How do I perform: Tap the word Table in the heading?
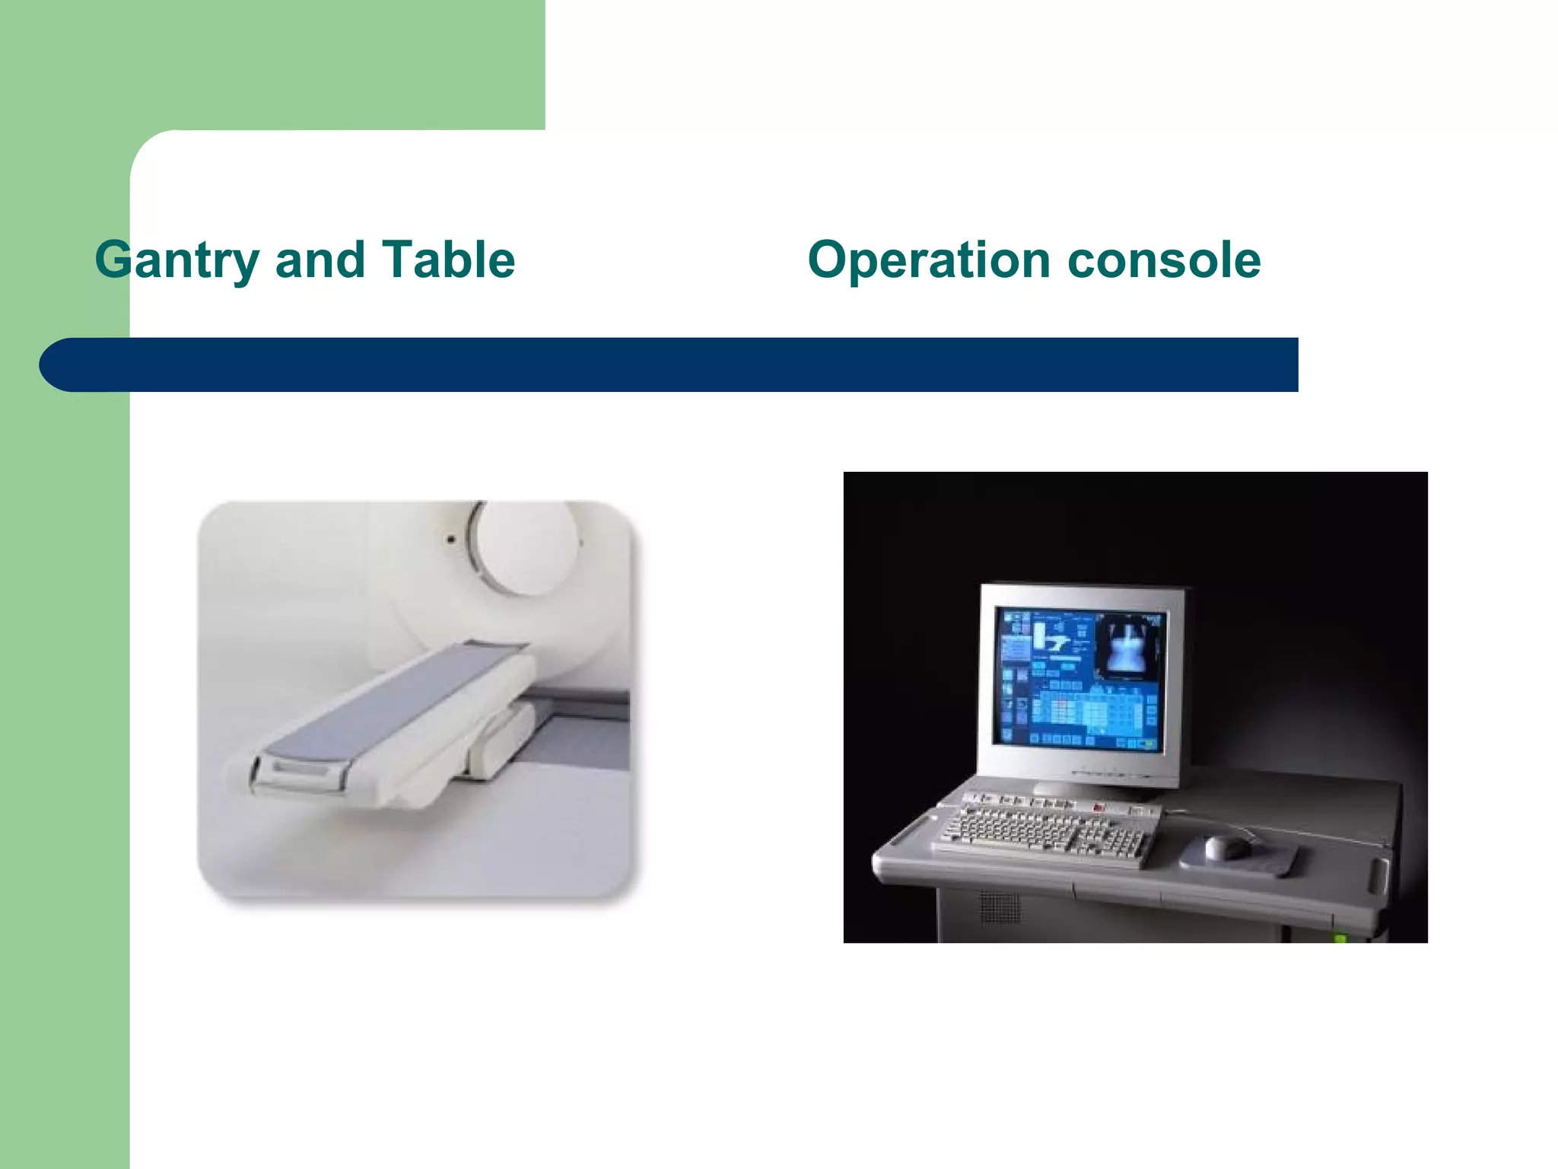coord(448,260)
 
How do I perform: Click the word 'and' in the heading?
coord(320,260)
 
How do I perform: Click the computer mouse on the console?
coord(1227,846)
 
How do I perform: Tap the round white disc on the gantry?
coord(525,546)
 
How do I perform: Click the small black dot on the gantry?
coord(451,540)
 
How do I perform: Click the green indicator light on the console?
coord(1340,938)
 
